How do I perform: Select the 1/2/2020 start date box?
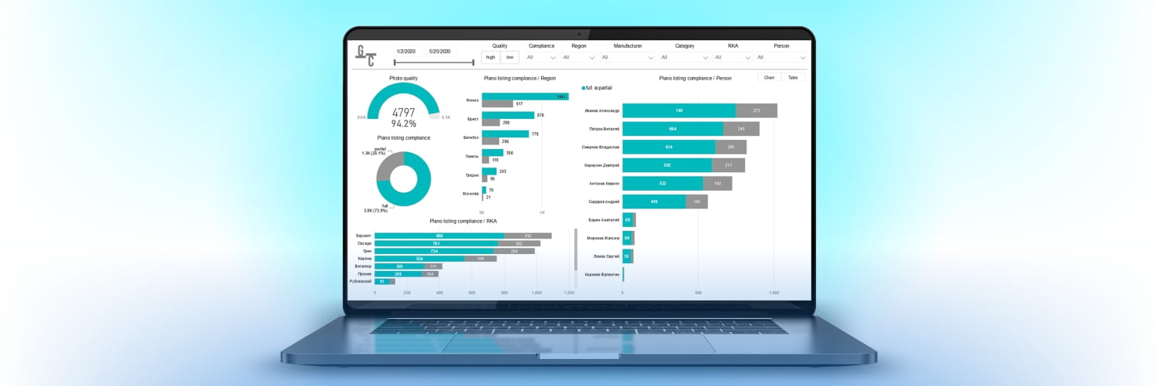pyautogui.click(x=405, y=51)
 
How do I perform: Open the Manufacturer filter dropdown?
pyautogui.click(x=627, y=57)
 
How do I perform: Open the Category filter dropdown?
pyautogui.click(x=684, y=57)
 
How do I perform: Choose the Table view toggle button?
pyautogui.click(x=793, y=78)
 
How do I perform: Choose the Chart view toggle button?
pyautogui.click(x=769, y=78)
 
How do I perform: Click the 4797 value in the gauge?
pyautogui.click(x=404, y=113)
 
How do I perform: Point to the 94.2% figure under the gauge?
pyautogui.click(x=404, y=124)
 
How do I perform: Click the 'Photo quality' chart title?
pyautogui.click(x=404, y=78)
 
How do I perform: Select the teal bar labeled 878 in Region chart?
pyautogui.click(x=508, y=116)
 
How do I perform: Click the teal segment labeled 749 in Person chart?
pyautogui.click(x=679, y=110)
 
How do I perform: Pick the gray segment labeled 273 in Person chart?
pyautogui.click(x=756, y=110)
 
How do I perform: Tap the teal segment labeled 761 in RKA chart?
pyautogui.click(x=436, y=243)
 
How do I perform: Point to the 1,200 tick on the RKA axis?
pyautogui.click(x=569, y=293)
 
